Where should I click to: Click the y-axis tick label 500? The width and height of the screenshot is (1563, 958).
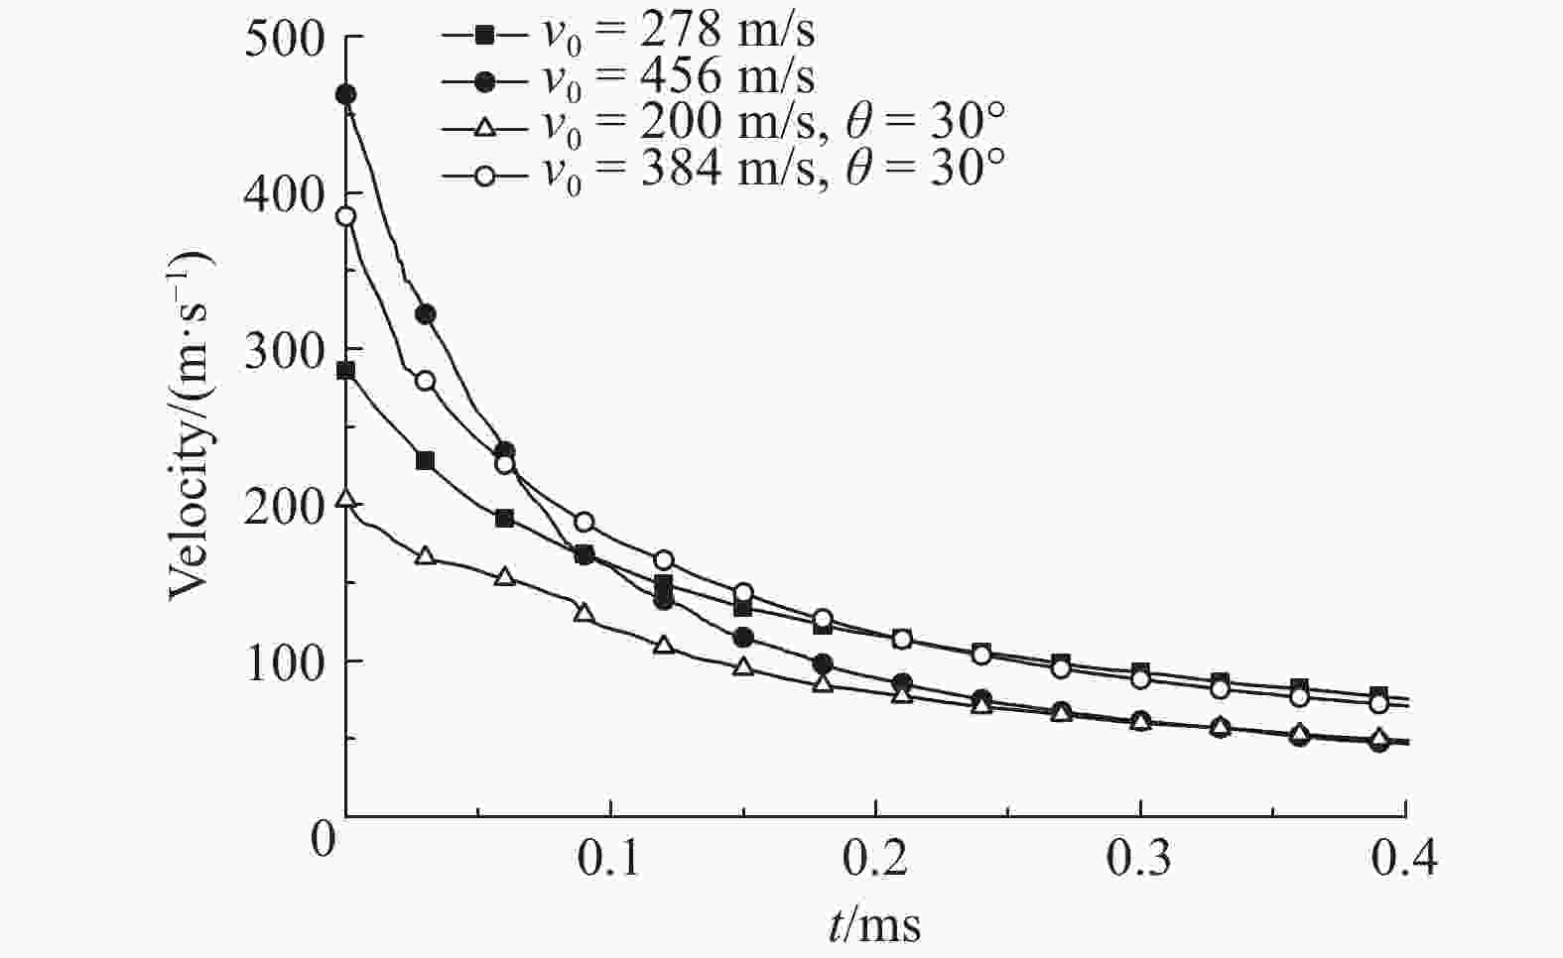point(285,40)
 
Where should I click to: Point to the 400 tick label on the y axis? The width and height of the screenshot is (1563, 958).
point(285,194)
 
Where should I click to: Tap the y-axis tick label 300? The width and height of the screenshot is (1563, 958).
point(285,350)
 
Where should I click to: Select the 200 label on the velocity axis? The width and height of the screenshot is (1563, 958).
point(285,506)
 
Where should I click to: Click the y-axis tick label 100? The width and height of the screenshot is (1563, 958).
point(285,661)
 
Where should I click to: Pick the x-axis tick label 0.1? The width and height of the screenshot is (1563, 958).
point(609,860)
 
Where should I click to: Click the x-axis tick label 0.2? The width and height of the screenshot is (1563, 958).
point(875,860)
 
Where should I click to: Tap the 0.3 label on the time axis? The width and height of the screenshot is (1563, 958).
point(1140,860)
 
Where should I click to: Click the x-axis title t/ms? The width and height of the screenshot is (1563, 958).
point(874,926)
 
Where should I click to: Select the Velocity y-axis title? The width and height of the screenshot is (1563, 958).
point(191,426)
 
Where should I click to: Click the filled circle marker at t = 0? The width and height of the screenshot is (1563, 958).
point(346,95)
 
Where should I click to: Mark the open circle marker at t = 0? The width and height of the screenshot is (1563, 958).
point(346,217)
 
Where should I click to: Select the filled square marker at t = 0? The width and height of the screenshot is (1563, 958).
point(346,372)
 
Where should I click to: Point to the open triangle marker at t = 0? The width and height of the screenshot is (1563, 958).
point(346,499)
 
